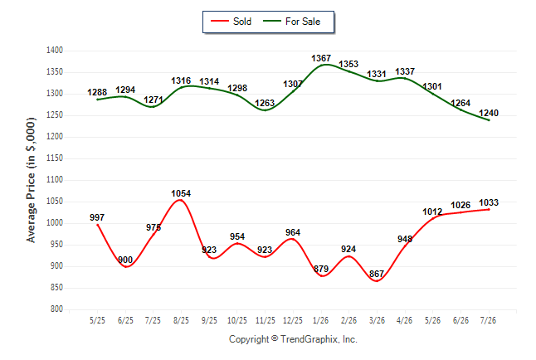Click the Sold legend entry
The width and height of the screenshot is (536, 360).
pos(231,22)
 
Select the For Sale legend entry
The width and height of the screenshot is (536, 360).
pos(291,22)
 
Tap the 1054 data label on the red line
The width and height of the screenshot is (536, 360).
pos(181,193)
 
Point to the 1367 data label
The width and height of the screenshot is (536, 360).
pos(321,58)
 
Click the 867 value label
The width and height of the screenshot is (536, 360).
pos(377,274)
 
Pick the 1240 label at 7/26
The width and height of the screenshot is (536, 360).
pos(489,113)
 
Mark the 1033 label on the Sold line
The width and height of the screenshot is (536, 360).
pos(489,202)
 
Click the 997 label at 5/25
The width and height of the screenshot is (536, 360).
pos(97,217)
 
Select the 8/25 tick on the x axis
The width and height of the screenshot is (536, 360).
pos(181,320)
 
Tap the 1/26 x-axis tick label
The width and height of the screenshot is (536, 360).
pos(320,320)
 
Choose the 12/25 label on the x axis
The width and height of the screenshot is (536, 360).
pos(293,320)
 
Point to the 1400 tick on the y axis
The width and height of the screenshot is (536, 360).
pos(55,51)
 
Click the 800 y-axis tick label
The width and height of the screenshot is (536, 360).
pos(56,309)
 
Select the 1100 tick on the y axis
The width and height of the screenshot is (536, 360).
pos(55,179)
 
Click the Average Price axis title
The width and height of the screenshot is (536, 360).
pos(31,180)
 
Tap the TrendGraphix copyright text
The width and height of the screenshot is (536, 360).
pos(293,339)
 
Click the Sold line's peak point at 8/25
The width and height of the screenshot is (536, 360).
pos(181,200)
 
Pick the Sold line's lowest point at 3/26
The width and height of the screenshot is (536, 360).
pos(377,281)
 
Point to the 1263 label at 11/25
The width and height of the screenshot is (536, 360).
pos(265,103)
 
